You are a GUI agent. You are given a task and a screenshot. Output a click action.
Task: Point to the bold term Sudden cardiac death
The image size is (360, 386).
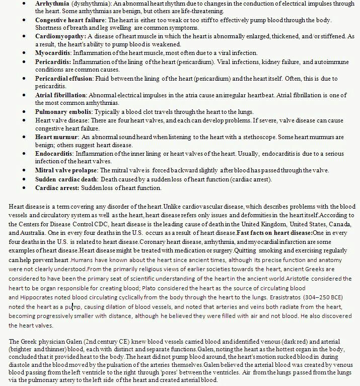pos(66,179)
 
